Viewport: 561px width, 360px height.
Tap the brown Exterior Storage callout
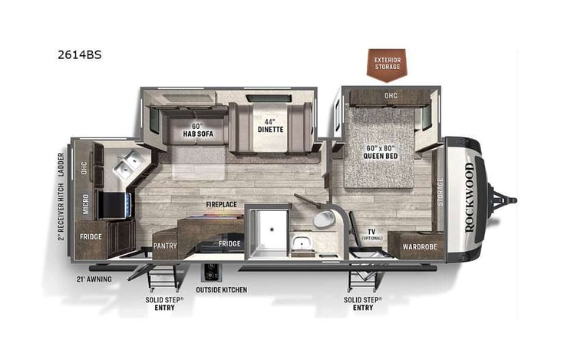tap(388, 63)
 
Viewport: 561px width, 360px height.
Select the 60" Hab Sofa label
tap(196, 130)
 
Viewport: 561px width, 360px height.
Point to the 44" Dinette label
tap(269, 125)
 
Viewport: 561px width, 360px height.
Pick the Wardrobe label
tap(415, 247)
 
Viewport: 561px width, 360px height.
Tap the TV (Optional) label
tap(373, 233)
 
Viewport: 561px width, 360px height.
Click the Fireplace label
tap(220, 204)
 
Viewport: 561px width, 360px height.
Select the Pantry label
tap(165, 246)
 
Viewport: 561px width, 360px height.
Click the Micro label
tap(87, 204)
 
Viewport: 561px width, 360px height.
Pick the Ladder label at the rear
tap(61, 163)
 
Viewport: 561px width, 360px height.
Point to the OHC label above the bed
tap(391, 95)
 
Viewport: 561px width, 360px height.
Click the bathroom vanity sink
tap(301, 244)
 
